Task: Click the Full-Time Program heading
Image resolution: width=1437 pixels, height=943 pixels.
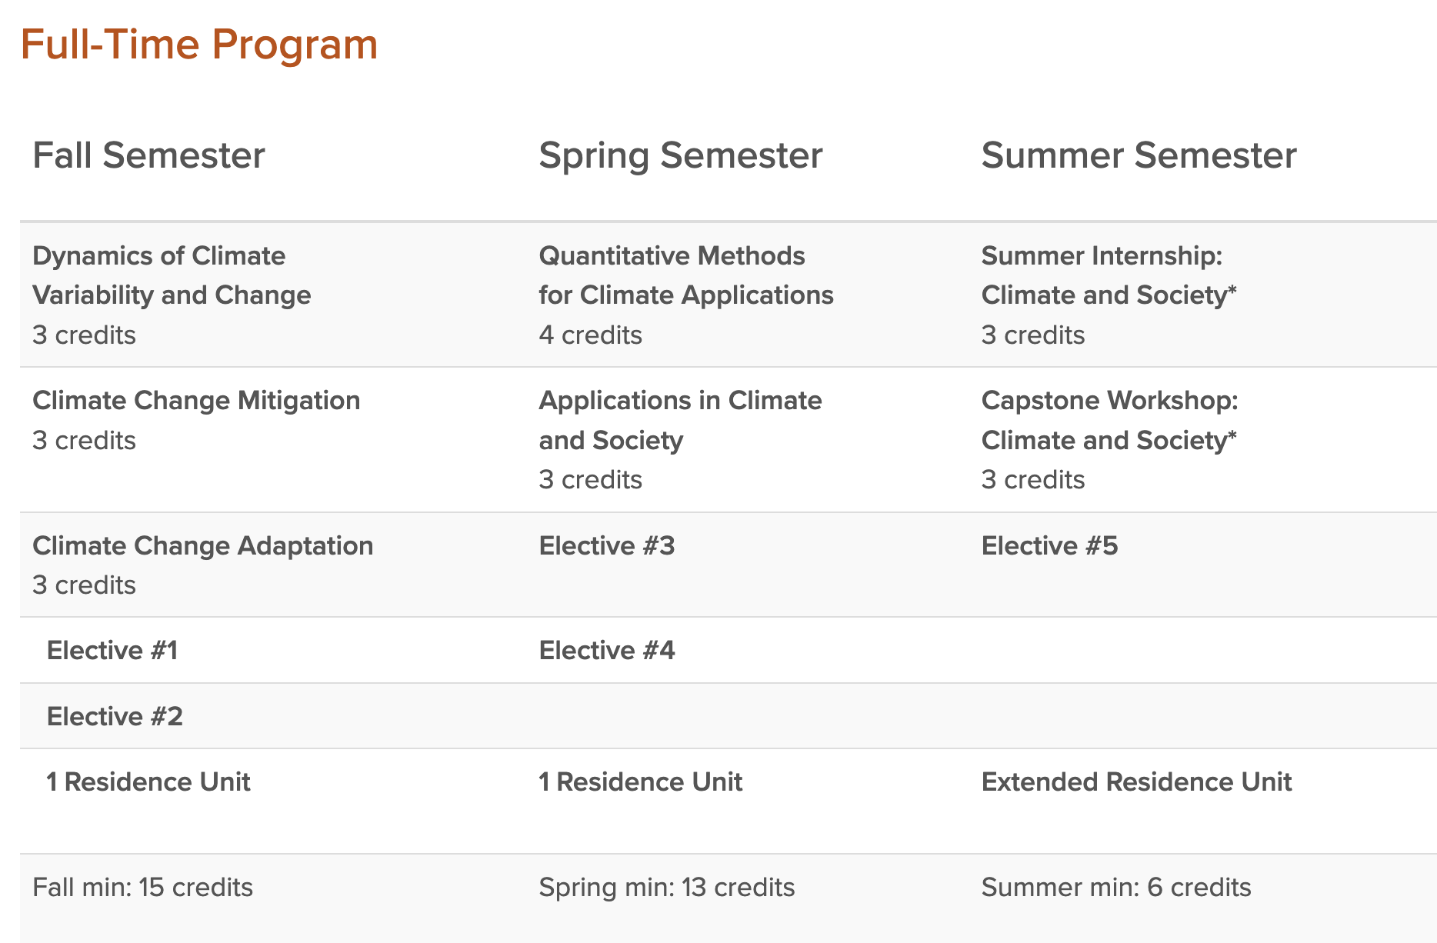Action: (x=199, y=45)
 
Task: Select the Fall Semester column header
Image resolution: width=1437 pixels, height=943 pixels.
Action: (x=148, y=155)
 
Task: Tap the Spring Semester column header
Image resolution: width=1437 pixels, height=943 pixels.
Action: (x=681, y=156)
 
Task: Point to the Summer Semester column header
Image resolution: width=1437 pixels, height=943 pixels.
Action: (x=1139, y=155)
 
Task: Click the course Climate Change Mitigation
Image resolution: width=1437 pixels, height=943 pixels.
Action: (x=196, y=401)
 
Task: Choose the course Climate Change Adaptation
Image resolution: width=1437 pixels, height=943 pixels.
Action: (x=203, y=545)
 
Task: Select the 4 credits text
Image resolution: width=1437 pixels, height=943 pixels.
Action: (x=591, y=335)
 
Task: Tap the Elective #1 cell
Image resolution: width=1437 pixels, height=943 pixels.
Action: (x=112, y=651)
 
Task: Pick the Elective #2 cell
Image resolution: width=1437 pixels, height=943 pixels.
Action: (x=115, y=717)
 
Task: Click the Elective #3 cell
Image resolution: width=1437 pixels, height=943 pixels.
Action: (x=607, y=546)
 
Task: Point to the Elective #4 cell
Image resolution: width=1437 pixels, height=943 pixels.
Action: (x=607, y=651)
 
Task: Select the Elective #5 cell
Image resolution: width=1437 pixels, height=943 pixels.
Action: (x=1050, y=546)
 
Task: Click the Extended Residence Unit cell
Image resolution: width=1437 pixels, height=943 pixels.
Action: (x=1137, y=782)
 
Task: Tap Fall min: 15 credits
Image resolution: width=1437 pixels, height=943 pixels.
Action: (x=143, y=888)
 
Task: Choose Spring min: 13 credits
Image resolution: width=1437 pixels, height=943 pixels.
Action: (x=667, y=888)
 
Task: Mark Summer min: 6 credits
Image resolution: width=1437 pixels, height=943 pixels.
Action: (x=1116, y=888)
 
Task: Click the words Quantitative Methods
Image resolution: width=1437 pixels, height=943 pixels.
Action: (x=672, y=256)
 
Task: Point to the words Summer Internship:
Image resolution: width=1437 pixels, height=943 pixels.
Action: (x=1102, y=256)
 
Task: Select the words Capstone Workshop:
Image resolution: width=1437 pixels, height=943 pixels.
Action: (x=1110, y=401)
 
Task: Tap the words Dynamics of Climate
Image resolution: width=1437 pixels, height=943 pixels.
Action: (x=159, y=256)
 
